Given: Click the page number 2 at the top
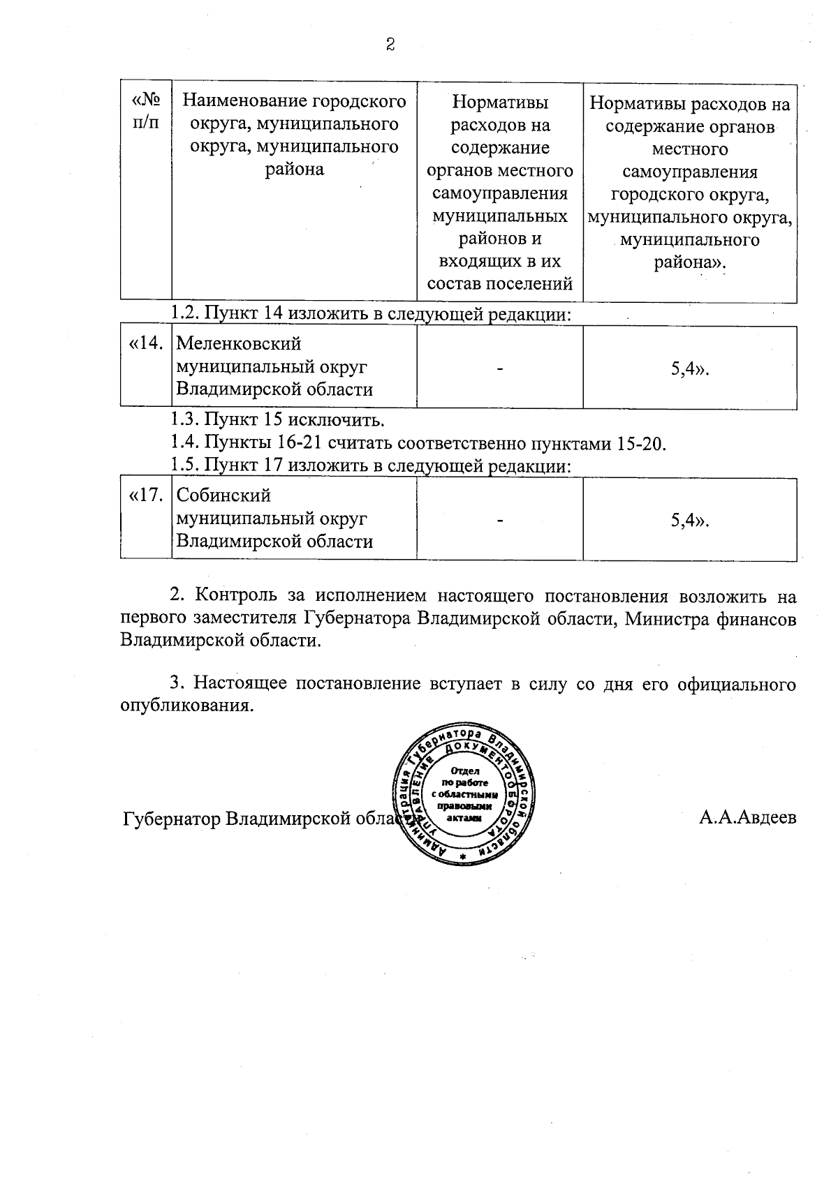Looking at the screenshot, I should click(390, 45).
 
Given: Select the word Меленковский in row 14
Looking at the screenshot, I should click(238, 344).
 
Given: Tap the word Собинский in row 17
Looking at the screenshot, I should click(223, 496).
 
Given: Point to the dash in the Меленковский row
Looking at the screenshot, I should click(500, 369).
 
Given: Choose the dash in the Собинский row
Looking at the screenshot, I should click(500, 521).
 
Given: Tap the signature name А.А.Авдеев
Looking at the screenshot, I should click(747, 818).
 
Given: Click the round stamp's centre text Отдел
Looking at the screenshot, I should click(464, 771).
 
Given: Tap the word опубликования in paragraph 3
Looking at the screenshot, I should click(185, 706).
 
